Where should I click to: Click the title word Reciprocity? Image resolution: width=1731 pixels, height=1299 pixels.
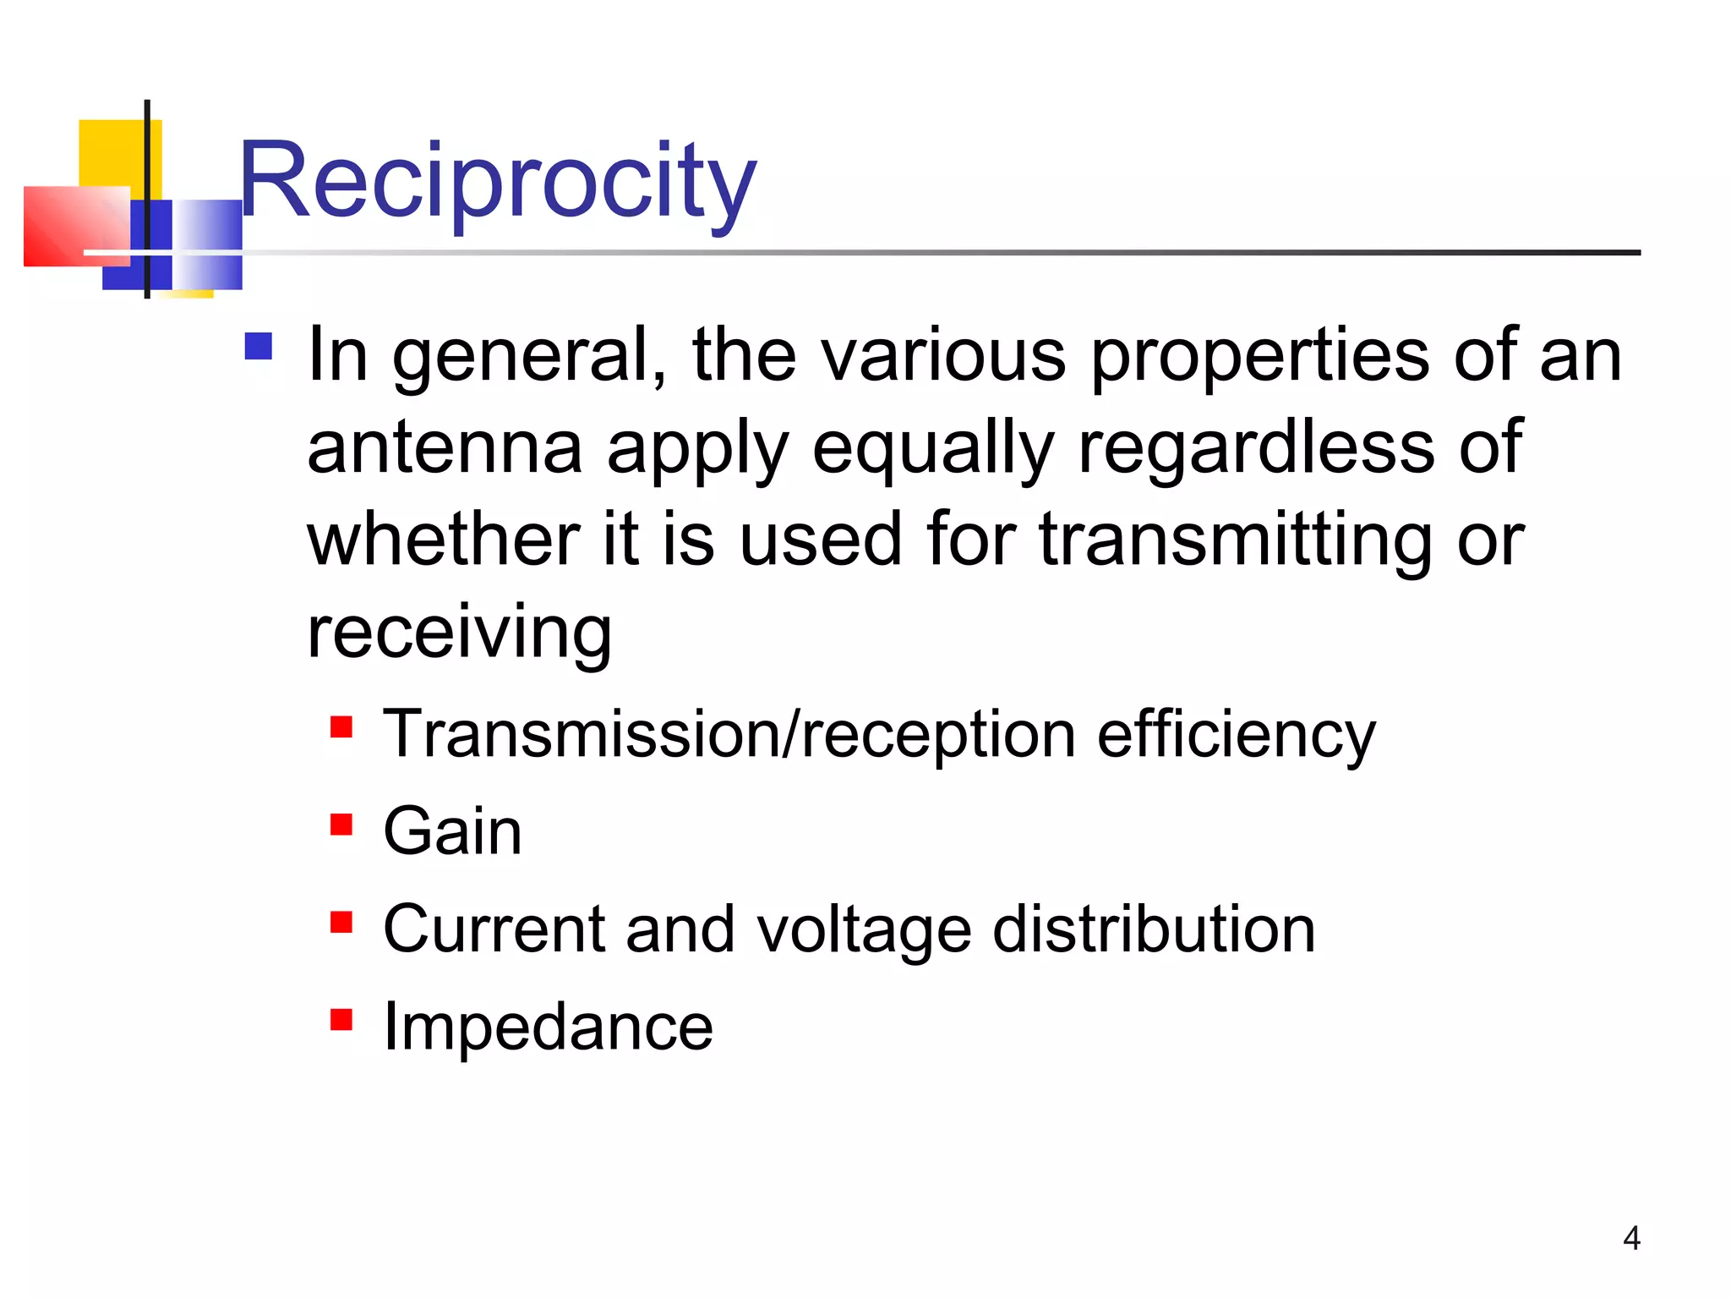tap(498, 182)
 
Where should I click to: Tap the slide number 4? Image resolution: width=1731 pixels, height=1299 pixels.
tap(1631, 1238)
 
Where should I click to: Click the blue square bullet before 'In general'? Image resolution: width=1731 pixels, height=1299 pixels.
tap(259, 347)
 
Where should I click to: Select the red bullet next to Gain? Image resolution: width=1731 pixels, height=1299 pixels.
tap(341, 824)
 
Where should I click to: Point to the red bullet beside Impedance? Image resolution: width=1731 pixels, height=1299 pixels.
tap(341, 1019)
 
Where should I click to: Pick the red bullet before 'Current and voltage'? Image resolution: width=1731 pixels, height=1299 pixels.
tap(341, 922)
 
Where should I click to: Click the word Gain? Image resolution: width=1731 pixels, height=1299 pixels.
tap(452, 831)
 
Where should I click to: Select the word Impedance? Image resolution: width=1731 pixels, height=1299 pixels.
tap(548, 1027)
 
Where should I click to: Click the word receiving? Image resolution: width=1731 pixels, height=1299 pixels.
tap(459, 633)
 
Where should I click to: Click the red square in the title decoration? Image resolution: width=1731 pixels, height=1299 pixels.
tap(76, 226)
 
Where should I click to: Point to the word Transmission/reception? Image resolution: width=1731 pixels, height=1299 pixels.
tap(729, 734)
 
